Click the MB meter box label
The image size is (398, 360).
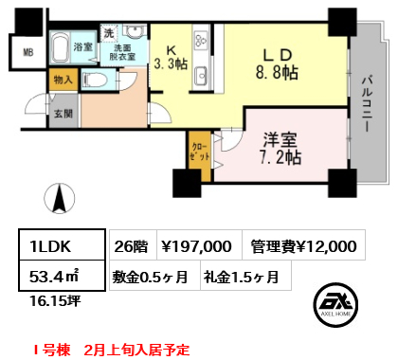pos(27,52)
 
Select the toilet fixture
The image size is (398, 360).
pos(95,80)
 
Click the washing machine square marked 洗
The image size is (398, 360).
pos(109,33)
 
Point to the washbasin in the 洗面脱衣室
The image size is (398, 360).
pos(135,31)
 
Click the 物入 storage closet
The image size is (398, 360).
pos(63,80)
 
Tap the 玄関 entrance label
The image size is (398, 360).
pos(63,114)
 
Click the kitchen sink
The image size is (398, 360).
pos(201,76)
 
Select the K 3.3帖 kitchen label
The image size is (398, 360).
pos(171,58)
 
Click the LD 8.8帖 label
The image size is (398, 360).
pos(277,64)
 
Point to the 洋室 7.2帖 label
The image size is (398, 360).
pos(280,149)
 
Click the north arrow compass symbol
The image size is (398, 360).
pos(60,199)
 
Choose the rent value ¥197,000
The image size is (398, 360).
pos(196,246)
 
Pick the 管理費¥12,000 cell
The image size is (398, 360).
pos(303,245)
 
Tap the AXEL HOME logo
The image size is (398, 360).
pos(335,304)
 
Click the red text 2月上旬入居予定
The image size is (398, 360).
pos(136,350)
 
